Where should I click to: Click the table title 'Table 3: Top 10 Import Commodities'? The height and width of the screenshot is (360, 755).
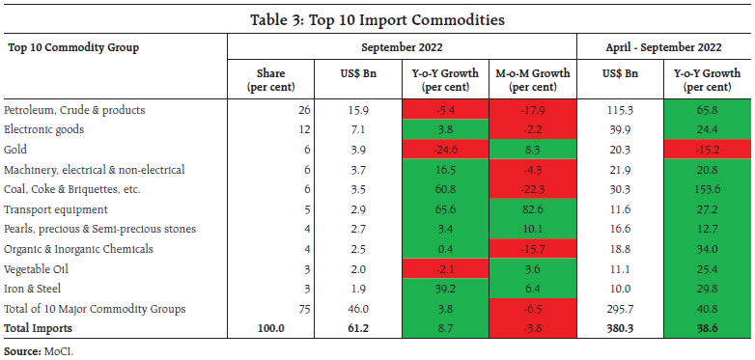(377, 18)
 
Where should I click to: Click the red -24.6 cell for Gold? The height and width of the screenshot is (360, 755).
(445, 150)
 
